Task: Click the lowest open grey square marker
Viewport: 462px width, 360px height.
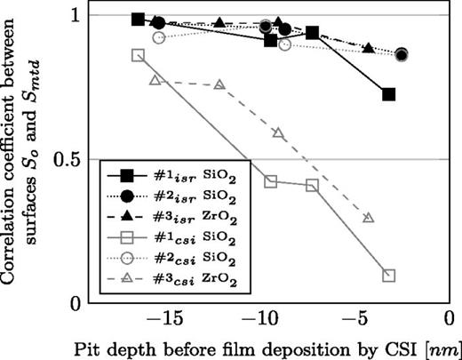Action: click(388, 276)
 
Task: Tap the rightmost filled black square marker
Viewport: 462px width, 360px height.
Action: click(388, 93)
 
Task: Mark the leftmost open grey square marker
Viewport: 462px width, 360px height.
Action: click(138, 55)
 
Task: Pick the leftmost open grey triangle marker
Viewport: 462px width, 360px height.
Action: click(155, 80)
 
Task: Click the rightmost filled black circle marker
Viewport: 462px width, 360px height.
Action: click(402, 55)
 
